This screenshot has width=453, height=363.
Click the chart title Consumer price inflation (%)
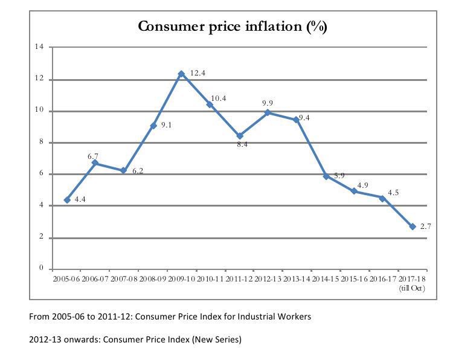(x=233, y=27)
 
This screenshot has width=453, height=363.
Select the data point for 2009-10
(x=181, y=74)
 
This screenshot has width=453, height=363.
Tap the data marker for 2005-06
(x=67, y=200)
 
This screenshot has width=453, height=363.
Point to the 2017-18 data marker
(x=413, y=226)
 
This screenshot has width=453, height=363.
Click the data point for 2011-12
(x=240, y=136)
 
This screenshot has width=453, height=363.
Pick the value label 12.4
(x=198, y=72)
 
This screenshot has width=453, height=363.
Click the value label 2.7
(x=426, y=226)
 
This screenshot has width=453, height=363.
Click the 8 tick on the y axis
(x=41, y=143)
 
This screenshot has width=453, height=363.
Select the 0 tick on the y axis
(x=41, y=268)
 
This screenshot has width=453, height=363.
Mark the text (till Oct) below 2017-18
(x=413, y=288)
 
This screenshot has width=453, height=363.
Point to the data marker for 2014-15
(x=326, y=176)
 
